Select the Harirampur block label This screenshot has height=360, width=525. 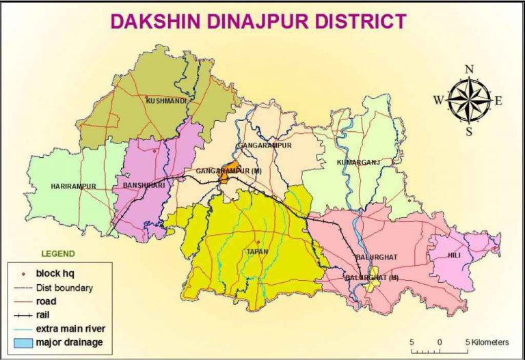pyautogui.click(x=73, y=186)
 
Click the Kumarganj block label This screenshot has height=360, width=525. pyautogui.click(x=358, y=163)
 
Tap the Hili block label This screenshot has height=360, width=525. pyautogui.click(x=455, y=254)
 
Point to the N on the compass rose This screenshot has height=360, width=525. pyautogui.click(x=469, y=68)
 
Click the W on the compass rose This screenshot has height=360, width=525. pyautogui.click(x=437, y=100)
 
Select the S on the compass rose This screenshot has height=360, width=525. pyautogui.click(x=469, y=132)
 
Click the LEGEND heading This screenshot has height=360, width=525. pyautogui.click(x=58, y=253)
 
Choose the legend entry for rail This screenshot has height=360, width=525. pyautogui.click(x=46, y=314)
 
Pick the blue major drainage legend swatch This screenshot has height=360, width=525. pyautogui.click(x=22, y=342)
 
